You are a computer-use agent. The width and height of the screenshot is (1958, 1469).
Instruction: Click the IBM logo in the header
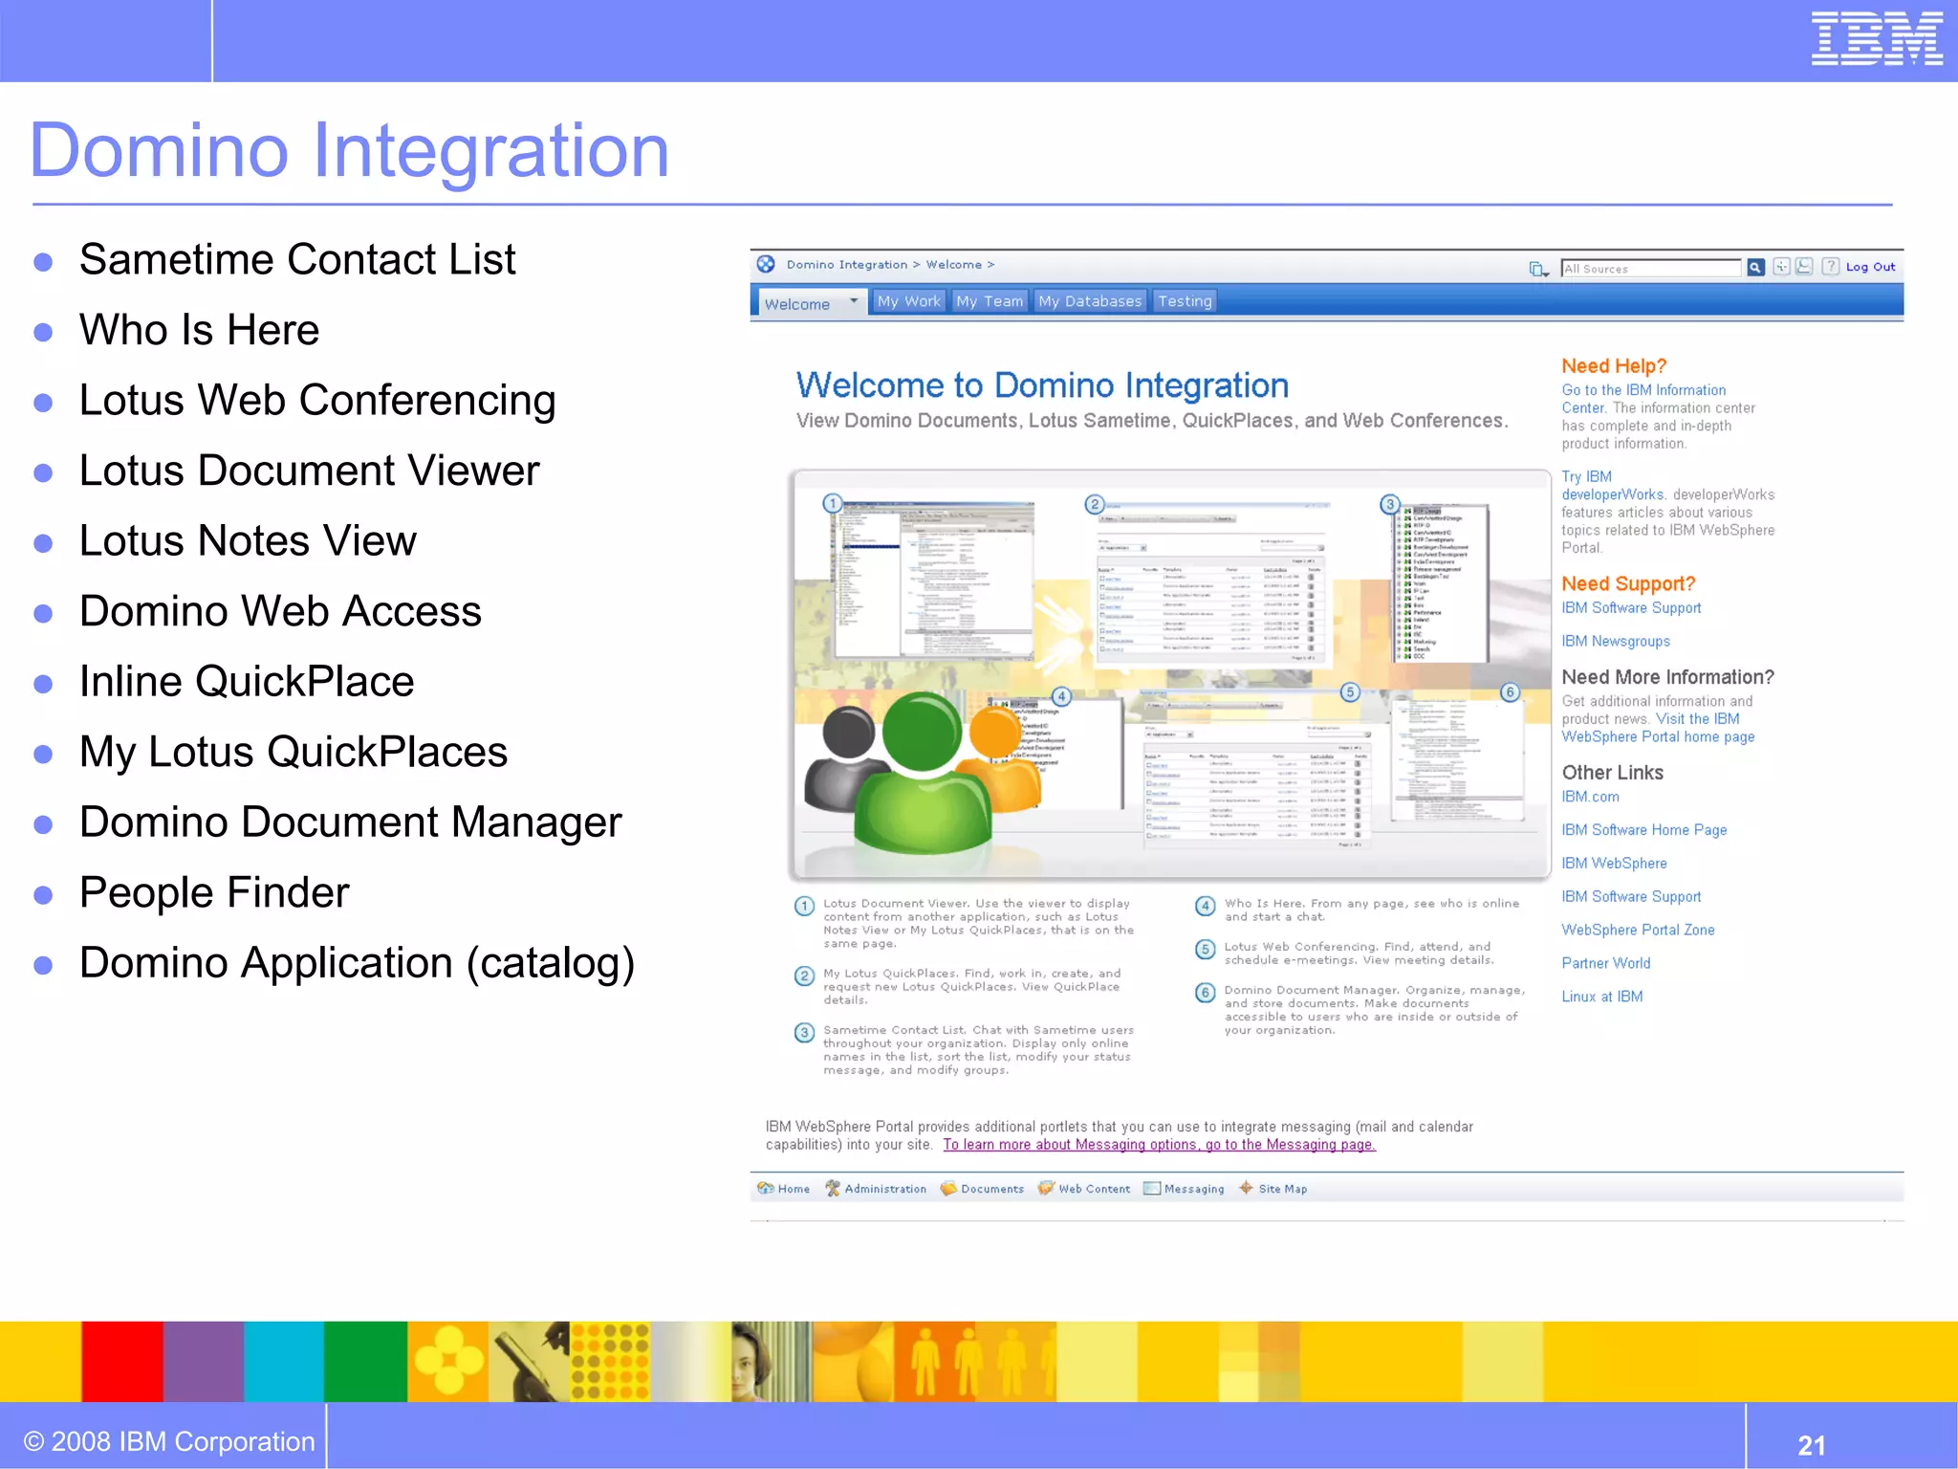tap(1876, 39)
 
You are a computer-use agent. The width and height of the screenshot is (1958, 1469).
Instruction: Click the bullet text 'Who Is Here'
tap(199, 330)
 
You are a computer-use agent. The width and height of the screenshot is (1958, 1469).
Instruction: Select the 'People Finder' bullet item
tap(214, 892)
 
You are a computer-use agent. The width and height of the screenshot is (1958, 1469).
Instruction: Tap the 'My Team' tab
tap(990, 301)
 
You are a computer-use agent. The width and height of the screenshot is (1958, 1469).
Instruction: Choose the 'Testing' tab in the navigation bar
tap(1185, 301)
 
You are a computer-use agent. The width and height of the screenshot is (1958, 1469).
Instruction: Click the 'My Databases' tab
tap(1090, 301)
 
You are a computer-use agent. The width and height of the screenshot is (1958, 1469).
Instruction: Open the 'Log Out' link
tap(1870, 267)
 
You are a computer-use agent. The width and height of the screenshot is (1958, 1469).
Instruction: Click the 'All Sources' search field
tap(1650, 269)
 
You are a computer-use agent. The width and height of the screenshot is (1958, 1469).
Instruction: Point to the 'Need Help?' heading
tap(1614, 366)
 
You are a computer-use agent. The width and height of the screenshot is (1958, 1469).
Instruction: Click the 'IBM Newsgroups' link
tap(1616, 642)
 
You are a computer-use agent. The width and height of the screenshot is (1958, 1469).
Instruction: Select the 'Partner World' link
tap(1606, 963)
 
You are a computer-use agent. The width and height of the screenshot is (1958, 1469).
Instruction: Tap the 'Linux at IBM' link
tap(1602, 997)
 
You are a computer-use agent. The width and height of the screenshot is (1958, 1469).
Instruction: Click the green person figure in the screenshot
tap(922, 775)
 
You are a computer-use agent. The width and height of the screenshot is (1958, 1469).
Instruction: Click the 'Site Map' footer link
tap(1282, 1189)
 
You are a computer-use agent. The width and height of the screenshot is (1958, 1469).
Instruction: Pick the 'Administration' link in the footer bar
tap(884, 1189)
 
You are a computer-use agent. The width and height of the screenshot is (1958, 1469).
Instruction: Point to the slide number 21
tap(1811, 1445)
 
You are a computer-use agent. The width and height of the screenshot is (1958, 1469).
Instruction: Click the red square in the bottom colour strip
tap(121, 1361)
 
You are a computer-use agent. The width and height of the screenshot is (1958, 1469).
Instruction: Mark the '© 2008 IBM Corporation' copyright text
tap(169, 1441)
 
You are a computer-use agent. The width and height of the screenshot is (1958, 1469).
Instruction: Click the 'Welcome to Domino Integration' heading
tap(1042, 385)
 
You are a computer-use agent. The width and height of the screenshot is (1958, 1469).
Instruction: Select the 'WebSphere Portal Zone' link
tap(1638, 930)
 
